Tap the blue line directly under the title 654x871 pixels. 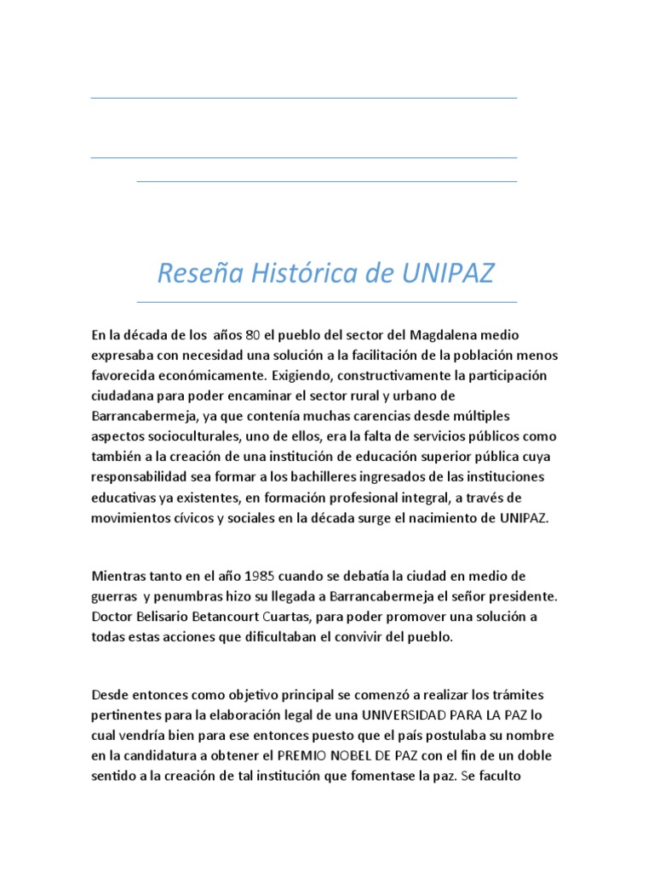pos(326,302)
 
